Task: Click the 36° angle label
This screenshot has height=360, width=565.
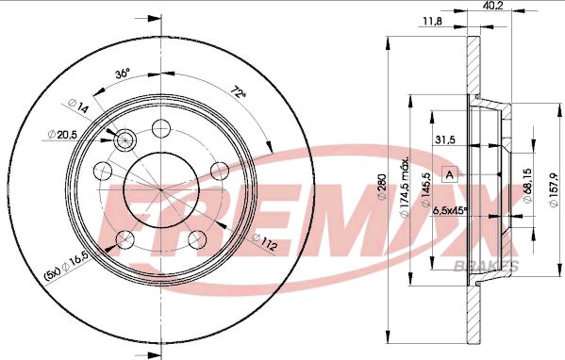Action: tap(123, 74)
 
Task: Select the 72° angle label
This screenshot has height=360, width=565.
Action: tap(239, 92)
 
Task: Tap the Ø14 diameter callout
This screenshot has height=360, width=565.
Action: tap(78, 106)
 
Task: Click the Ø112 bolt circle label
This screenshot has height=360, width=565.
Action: tap(265, 242)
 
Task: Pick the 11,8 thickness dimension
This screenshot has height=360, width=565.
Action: tap(432, 22)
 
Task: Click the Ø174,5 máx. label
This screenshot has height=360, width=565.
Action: tap(406, 188)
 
